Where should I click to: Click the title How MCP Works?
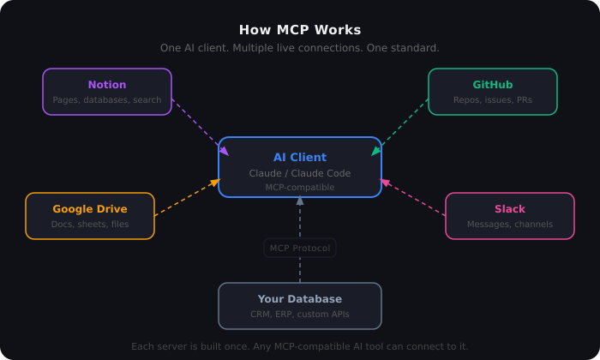pos(300,30)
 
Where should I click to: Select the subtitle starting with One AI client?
pos(300,48)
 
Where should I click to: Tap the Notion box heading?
pos(107,85)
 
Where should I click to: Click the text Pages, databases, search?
pos(107,100)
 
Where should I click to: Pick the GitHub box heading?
pos(493,85)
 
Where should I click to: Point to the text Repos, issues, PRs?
pos(493,100)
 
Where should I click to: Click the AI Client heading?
pos(300,158)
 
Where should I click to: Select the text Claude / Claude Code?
pos(300,173)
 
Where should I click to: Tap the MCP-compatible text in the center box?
pos(300,187)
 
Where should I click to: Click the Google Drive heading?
pos(90,209)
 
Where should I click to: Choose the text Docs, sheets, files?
pos(90,225)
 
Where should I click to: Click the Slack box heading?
pos(510,209)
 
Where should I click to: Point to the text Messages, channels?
pos(510,225)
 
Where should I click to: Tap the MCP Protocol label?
pos(300,249)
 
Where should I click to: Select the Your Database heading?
pos(300,299)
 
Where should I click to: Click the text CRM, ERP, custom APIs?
pos(300,315)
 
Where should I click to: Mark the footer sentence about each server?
pos(300,346)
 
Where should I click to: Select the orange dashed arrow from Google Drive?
pos(187,198)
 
